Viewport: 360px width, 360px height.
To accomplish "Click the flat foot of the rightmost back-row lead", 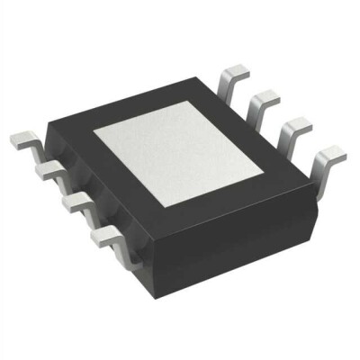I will coord(331,152).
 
